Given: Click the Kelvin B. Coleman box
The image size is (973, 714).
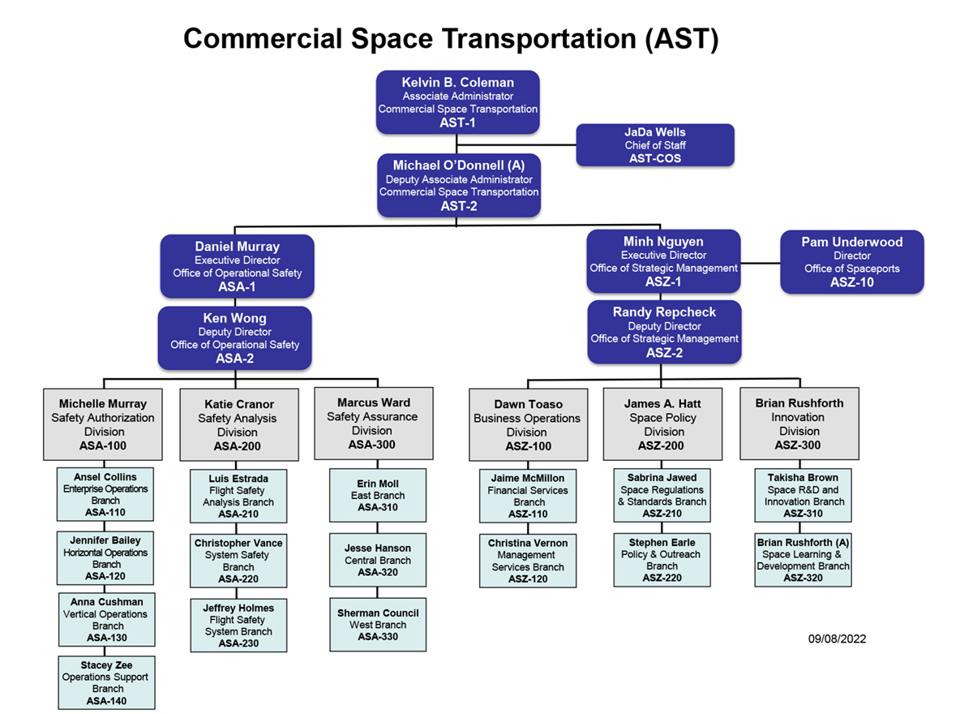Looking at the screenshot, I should click(x=458, y=102).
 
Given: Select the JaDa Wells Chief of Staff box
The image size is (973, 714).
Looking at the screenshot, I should click(x=655, y=145).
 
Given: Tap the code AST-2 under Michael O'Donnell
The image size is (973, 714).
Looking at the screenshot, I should click(x=459, y=206).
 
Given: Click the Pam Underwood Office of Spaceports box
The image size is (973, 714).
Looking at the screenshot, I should click(x=851, y=262).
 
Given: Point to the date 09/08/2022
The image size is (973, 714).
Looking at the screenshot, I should click(x=837, y=639).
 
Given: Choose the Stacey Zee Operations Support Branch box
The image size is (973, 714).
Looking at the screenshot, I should click(x=105, y=682).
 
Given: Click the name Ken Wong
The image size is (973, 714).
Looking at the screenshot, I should click(x=235, y=318).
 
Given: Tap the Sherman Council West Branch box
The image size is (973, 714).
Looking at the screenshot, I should click(x=378, y=625).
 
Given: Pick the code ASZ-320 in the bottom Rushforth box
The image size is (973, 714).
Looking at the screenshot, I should click(x=803, y=578).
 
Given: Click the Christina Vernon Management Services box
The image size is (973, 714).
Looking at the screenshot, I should click(x=528, y=561).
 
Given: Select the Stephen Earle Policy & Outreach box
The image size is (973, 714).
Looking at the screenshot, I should click(x=662, y=560).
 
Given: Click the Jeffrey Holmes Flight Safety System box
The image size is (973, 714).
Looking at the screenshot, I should click(x=238, y=626).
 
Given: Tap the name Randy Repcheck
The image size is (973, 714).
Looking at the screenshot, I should click(x=664, y=312).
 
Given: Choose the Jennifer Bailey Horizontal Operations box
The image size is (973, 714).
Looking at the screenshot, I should click(x=105, y=558).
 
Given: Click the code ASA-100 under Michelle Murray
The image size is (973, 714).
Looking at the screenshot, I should click(x=103, y=445).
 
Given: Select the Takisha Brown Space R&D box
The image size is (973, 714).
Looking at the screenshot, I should click(x=803, y=495).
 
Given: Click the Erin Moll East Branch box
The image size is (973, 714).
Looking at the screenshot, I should click(x=378, y=495).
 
